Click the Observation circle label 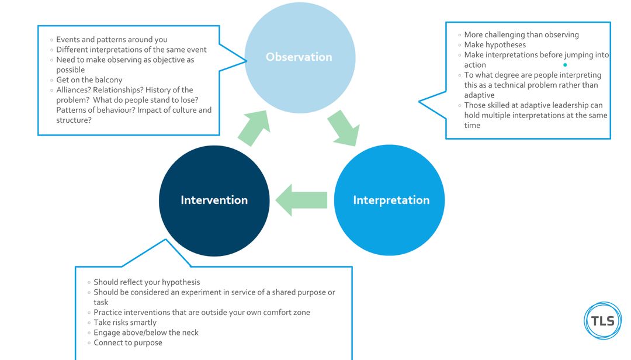point(299,57)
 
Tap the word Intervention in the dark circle point(214,200)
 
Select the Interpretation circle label point(391,200)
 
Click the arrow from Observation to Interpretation point(343,128)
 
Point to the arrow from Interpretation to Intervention point(301,200)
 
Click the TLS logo point(602,321)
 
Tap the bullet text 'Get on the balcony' point(89,80)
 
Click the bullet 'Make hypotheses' point(495,45)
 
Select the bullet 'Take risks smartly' point(125,323)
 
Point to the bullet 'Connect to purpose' point(128,342)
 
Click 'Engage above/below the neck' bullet point(146,333)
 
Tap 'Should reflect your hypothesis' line point(147,282)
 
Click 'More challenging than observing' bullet point(521,35)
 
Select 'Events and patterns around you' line point(112,40)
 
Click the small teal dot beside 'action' point(565,65)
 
